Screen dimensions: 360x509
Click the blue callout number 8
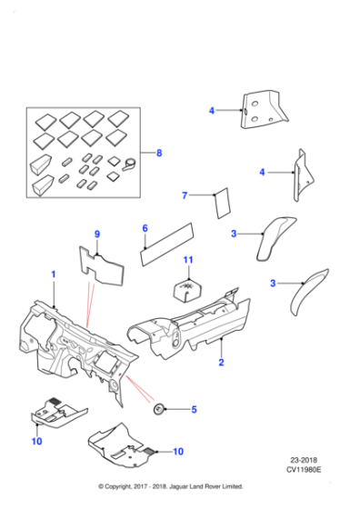click(x=159, y=153)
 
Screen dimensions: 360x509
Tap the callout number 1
click(x=54, y=274)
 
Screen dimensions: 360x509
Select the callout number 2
click(x=222, y=362)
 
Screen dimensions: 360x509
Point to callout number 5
click(x=195, y=409)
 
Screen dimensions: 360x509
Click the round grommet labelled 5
click(x=158, y=409)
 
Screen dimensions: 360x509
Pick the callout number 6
click(x=145, y=228)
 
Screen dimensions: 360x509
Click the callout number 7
click(x=185, y=195)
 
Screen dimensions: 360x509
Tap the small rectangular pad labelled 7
click(x=223, y=204)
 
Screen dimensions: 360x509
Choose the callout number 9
click(x=97, y=234)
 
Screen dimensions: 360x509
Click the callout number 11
click(x=188, y=260)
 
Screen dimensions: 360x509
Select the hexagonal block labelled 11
click(x=188, y=290)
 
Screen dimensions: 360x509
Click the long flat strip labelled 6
click(x=167, y=245)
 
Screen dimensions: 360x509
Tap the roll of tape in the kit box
click(x=129, y=165)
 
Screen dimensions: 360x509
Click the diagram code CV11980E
click(x=304, y=469)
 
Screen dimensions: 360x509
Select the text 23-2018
click(x=304, y=460)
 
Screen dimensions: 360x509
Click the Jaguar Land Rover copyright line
click(x=171, y=486)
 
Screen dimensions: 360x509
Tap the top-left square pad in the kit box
click(x=46, y=121)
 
